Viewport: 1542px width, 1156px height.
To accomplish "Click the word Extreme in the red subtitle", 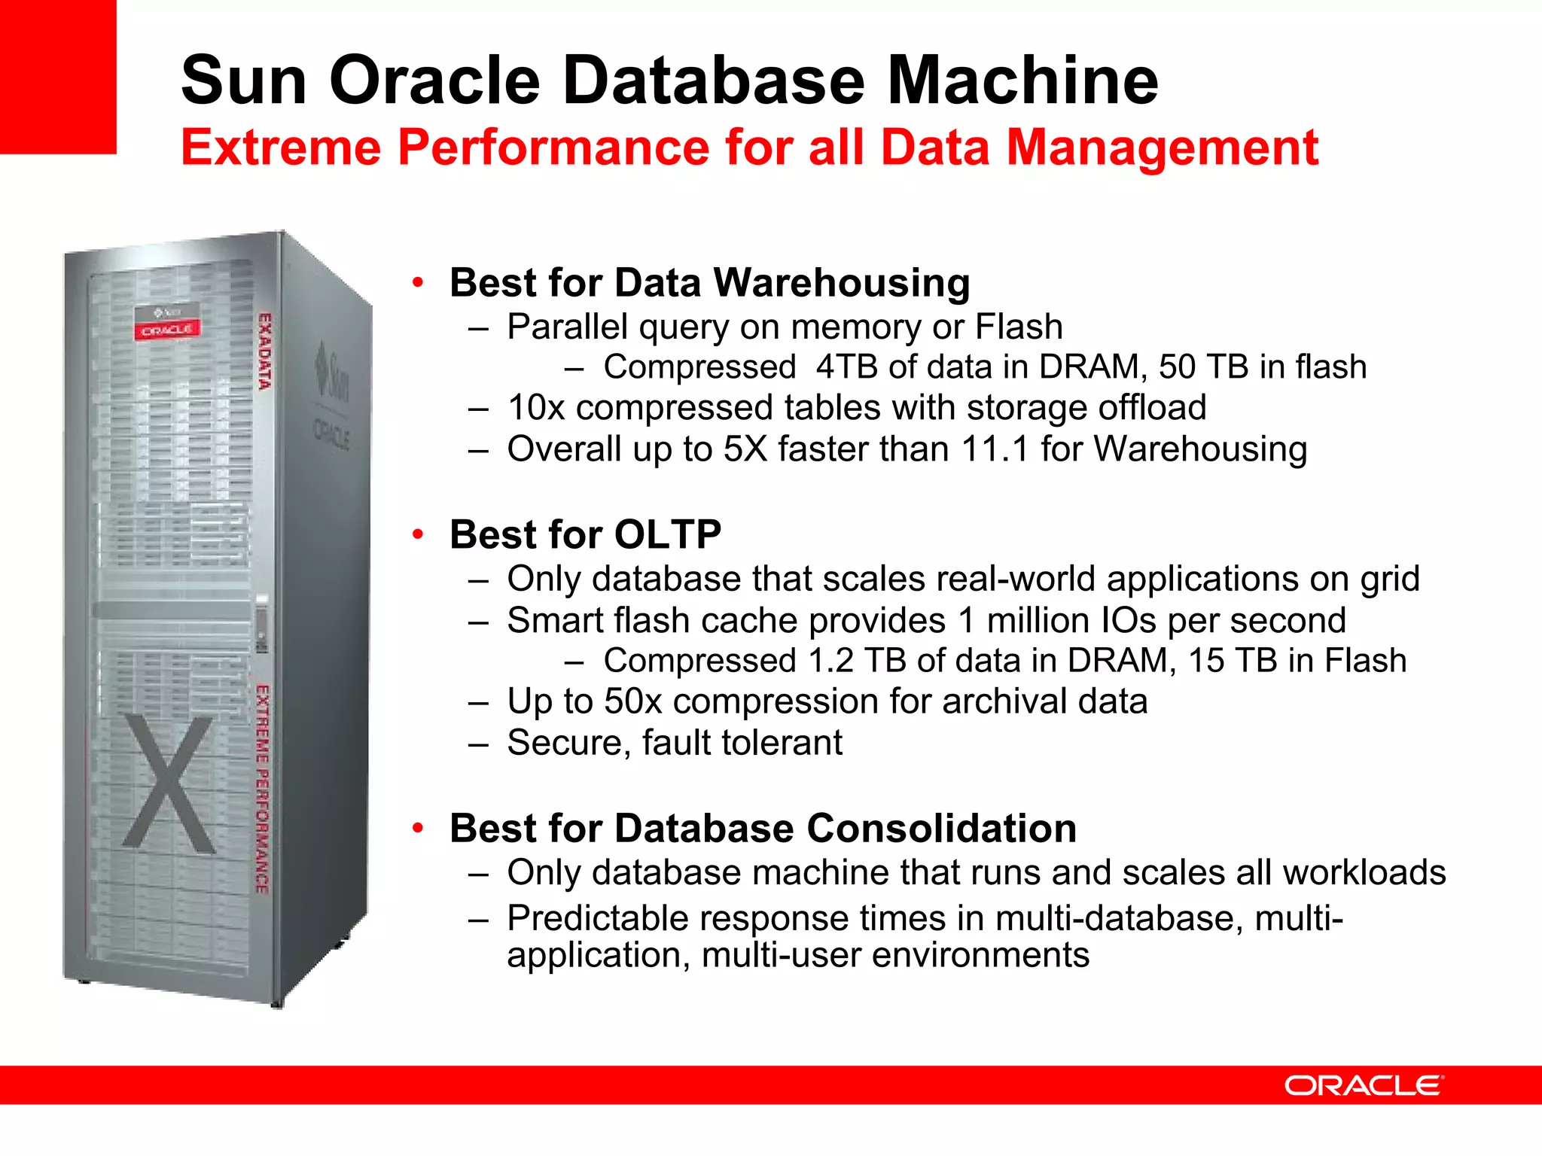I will (281, 148).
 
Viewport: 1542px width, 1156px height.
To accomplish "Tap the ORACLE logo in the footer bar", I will (1363, 1085).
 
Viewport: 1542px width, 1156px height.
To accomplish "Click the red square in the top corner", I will (57, 75).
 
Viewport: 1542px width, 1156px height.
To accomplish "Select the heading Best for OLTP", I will (585, 534).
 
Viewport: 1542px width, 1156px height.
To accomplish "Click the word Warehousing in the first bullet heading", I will (841, 283).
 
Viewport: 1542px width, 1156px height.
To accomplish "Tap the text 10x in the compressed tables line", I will (536, 408).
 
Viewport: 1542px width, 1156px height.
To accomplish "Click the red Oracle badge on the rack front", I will (167, 330).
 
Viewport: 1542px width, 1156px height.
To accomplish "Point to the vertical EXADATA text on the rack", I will (264, 351).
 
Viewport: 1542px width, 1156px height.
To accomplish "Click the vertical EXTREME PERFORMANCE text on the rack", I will (261, 789).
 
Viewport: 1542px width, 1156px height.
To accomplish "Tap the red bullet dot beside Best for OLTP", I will (418, 534).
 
